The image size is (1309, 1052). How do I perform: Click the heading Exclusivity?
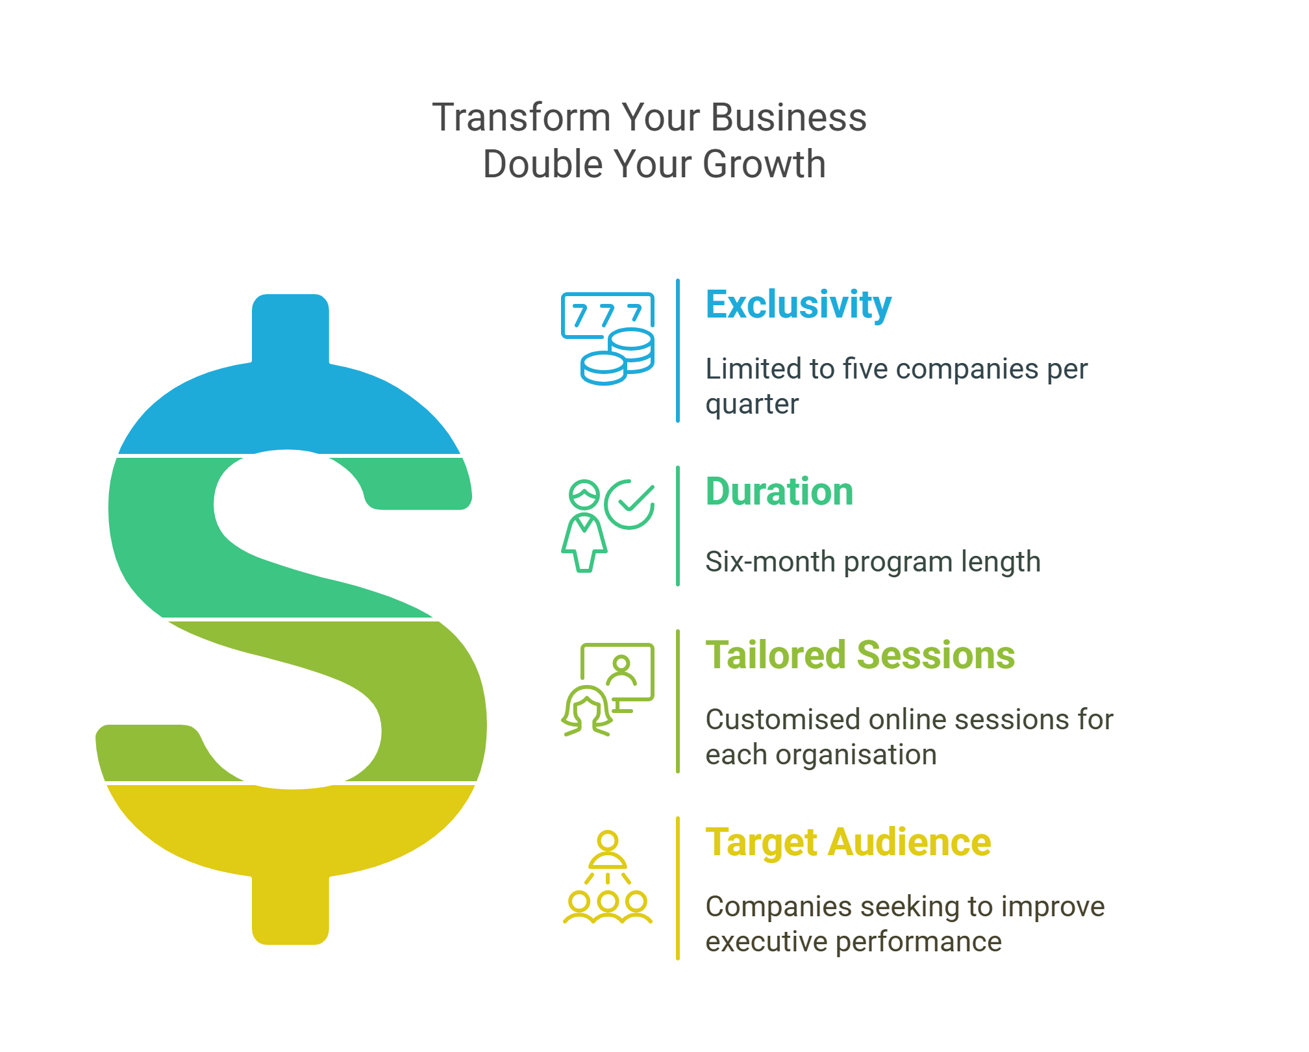pyautogui.click(x=798, y=305)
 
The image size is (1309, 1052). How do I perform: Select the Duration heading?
pyautogui.click(x=779, y=492)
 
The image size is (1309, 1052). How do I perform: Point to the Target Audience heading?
pyautogui.click(x=848, y=843)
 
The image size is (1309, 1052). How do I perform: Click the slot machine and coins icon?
pyautogui.click(x=608, y=338)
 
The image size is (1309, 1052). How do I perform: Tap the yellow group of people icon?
pyautogui.click(x=608, y=877)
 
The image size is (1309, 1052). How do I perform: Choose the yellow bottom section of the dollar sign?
pyautogui.click(x=290, y=844)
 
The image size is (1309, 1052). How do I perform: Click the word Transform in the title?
pyautogui.click(x=521, y=118)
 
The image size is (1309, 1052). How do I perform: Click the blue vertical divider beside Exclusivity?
pyautogui.click(x=678, y=351)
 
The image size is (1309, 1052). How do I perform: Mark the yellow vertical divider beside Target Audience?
pyautogui.click(x=678, y=888)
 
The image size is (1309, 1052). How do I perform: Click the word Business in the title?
pyautogui.click(x=789, y=118)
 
